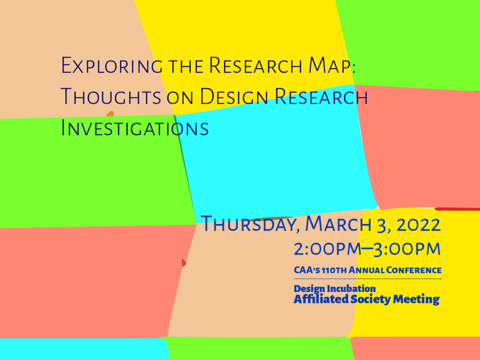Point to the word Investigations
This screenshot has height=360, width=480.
pyautogui.click(x=135, y=127)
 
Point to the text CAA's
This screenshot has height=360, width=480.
pyautogui.click(x=307, y=270)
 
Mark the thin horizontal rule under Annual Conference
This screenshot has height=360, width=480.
pyautogui.click(x=367, y=279)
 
